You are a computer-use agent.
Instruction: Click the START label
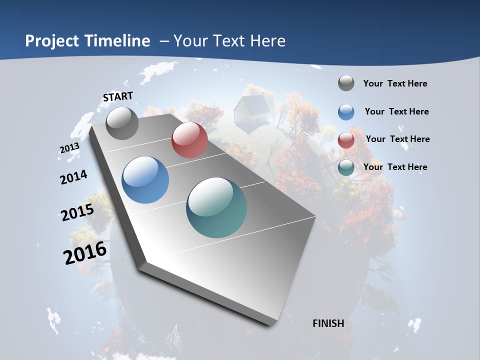pyautogui.click(x=118, y=96)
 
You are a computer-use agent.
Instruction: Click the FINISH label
pyautogui.click(x=328, y=323)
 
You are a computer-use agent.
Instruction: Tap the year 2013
pyautogui.click(x=69, y=148)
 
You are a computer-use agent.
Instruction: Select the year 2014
pyautogui.click(x=73, y=177)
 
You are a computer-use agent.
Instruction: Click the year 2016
pyautogui.click(x=85, y=252)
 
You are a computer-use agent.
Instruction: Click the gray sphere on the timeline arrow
pyautogui.click(x=122, y=123)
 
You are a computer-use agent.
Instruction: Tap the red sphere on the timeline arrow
pyautogui.click(x=189, y=139)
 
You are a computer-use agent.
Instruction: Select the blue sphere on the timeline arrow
pyautogui.click(x=145, y=179)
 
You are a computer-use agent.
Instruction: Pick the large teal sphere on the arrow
pyautogui.click(x=216, y=207)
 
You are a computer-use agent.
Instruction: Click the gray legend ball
pyautogui.click(x=346, y=83)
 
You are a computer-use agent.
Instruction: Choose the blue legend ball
pyautogui.click(x=346, y=112)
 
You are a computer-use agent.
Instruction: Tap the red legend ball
pyautogui.click(x=346, y=140)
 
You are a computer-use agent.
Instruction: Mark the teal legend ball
pyautogui.click(x=346, y=167)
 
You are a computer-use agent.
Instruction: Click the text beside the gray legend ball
pyautogui.click(x=395, y=83)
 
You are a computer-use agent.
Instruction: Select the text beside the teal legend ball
pyautogui.click(x=395, y=167)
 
